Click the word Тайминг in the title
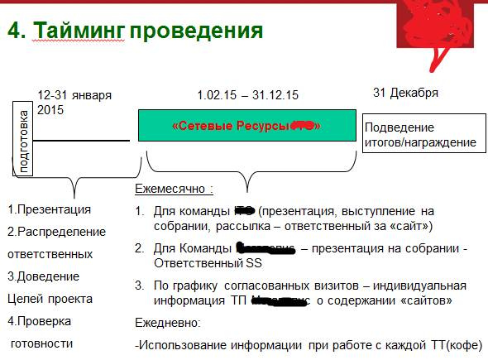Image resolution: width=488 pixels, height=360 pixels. (78, 31)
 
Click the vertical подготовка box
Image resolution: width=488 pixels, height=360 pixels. (22, 139)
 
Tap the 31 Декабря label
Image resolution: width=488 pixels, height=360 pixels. (405, 92)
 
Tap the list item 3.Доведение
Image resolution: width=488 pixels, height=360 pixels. (43, 276)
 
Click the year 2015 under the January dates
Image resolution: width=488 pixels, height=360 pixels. (50, 109)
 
